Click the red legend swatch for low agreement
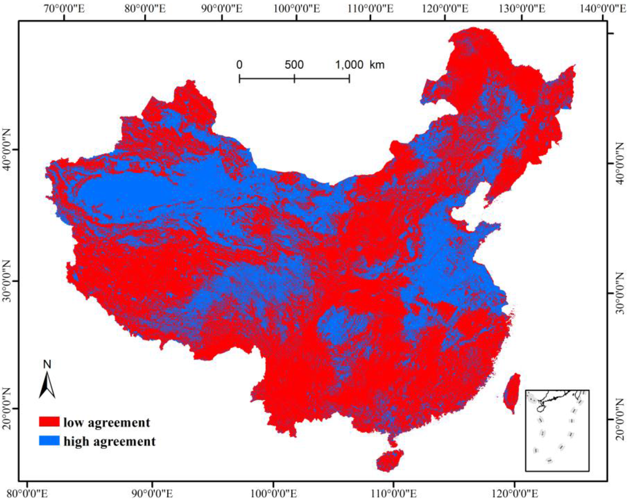pos(49,423)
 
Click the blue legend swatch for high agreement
pos(49,441)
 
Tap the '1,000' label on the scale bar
pos(349,65)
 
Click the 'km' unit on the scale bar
pos(377,65)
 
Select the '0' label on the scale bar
pos(240,65)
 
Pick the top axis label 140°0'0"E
pos(599,8)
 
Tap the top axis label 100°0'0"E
pos(297,8)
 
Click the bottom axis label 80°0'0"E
pos(31,493)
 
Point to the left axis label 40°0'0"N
pos(7,149)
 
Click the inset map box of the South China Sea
pos(557,430)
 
